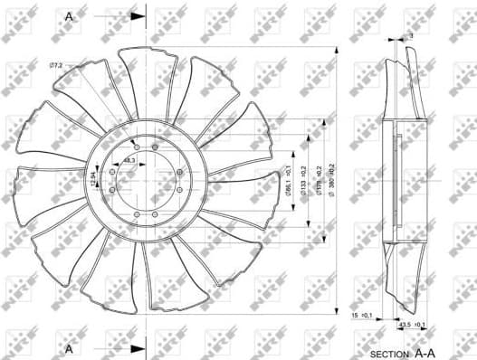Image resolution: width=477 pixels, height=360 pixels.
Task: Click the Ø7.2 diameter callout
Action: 55,66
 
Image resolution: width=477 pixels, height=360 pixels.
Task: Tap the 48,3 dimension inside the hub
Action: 129,160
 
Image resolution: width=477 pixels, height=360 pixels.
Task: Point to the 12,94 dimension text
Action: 94,180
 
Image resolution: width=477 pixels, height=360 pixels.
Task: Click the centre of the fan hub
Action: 146,181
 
